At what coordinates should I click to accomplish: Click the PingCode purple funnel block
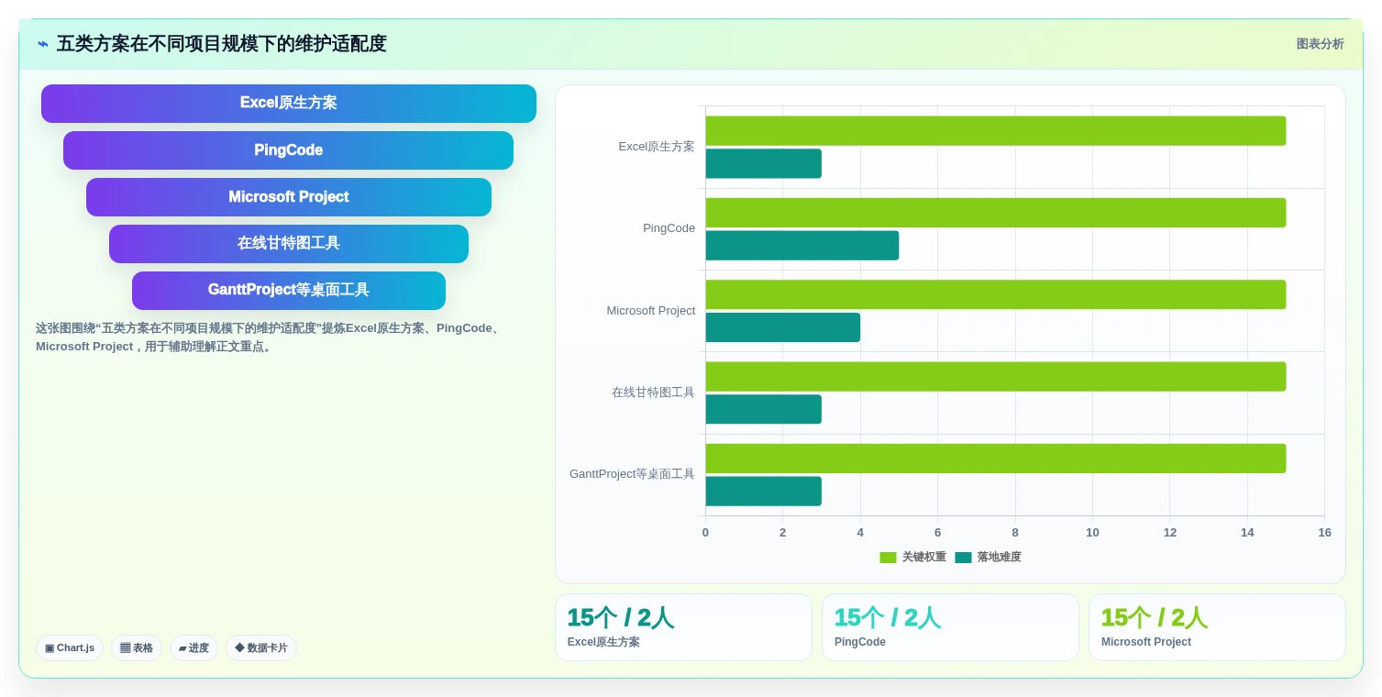click(288, 149)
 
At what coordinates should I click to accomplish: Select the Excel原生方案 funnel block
click(289, 103)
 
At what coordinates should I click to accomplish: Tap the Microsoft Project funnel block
click(289, 197)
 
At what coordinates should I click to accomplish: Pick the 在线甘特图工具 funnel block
click(289, 244)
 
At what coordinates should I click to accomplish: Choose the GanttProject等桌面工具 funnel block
click(289, 291)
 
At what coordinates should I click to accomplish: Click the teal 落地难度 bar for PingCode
click(802, 246)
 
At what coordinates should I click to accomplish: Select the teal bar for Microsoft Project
click(783, 326)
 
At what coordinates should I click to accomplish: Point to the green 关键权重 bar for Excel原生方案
click(996, 131)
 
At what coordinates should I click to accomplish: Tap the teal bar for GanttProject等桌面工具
click(763, 491)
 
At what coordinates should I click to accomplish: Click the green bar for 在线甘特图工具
click(996, 376)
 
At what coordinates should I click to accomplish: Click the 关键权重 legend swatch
click(888, 558)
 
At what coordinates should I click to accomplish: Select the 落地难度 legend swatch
click(963, 558)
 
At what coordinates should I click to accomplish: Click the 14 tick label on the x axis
click(1247, 532)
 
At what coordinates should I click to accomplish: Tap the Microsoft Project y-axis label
click(650, 310)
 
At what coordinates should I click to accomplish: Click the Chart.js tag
click(70, 647)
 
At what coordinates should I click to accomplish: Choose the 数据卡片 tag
click(261, 647)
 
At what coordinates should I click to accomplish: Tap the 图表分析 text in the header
click(1320, 44)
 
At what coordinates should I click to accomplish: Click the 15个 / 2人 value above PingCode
click(887, 617)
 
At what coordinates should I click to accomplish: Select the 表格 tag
click(137, 647)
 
